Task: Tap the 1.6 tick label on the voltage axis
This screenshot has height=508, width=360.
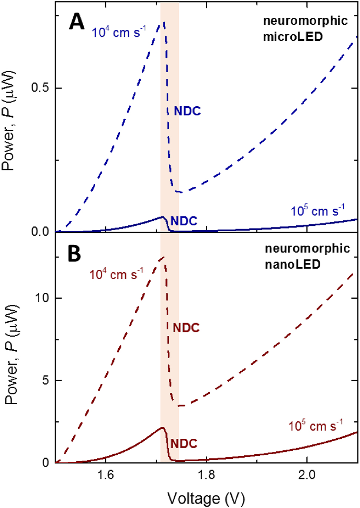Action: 106,475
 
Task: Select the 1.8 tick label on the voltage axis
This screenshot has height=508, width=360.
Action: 206,475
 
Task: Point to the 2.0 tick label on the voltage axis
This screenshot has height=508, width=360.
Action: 307,475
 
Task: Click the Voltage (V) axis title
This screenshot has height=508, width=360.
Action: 206,498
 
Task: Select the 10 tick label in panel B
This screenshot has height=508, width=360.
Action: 42,298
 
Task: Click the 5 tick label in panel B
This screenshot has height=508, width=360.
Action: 46,381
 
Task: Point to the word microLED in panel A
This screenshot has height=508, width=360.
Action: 293,37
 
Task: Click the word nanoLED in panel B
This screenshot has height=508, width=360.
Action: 293,265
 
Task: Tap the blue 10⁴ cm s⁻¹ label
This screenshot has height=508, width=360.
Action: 119,32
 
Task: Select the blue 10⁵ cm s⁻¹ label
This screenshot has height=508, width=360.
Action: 317,210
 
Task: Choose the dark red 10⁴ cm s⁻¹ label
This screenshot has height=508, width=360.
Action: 116,274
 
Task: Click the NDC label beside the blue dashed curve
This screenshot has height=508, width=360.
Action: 187,111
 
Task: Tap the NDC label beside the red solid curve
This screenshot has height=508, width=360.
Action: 184,444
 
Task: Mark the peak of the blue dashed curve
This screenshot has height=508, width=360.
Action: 164,22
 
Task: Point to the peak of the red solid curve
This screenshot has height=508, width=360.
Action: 162,428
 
